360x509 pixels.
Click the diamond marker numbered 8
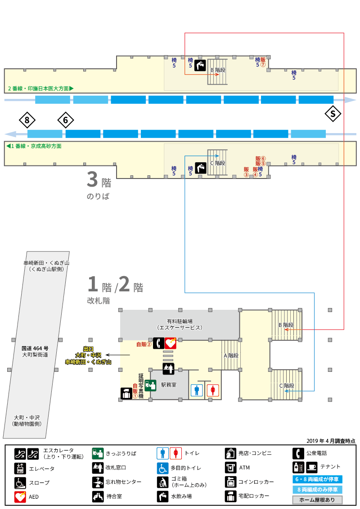(x=27, y=121)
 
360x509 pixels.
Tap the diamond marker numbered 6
(x=66, y=121)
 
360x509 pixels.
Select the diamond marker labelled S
(x=333, y=114)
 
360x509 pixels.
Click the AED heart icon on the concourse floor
(x=171, y=343)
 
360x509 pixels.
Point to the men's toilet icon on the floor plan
(x=197, y=390)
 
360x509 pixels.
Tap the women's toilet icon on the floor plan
(x=213, y=390)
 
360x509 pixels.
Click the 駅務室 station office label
(x=169, y=384)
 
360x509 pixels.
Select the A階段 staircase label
(x=231, y=356)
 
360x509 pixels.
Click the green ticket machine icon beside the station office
(x=150, y=385)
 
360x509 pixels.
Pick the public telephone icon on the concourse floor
(x=158, y=343)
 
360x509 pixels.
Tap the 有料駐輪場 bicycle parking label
(x=180, y=321)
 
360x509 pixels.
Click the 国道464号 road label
(x=35, y=348)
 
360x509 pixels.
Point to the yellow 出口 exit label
(x=88, y=349)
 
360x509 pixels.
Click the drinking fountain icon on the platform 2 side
(x=200, y=65)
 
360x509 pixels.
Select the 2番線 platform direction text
(x=41, y=88)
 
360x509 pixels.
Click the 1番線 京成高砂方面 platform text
(x=34, y=146)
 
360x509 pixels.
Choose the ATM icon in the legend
(x=231, y=468)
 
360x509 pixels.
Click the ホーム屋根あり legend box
(x=317, y=500)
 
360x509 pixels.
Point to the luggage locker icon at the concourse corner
(x=126, y=393)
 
